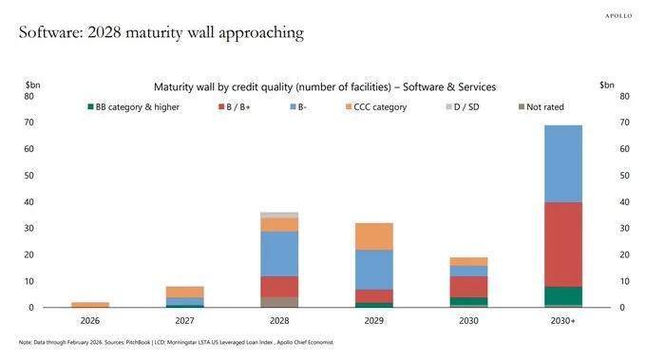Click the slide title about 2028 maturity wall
[x=161, y=33]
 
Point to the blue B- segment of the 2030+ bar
[x=562, y=163]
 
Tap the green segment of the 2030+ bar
[x=562, y=296]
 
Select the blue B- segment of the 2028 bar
[x=279, y=254]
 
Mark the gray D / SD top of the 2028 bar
[x=279, y=215]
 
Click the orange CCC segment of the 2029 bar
[x=374, y=237]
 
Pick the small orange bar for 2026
[x=89, y=305]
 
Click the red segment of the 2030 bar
[x=468, y=286]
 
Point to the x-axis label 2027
[x=184, y=321]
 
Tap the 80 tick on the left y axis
[x=28, y=96]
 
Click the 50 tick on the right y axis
[x=623, y=176]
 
